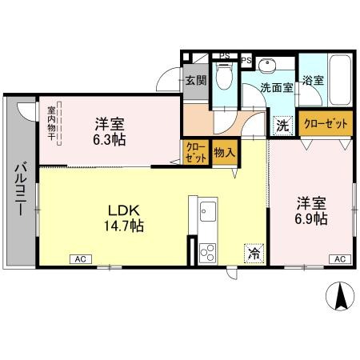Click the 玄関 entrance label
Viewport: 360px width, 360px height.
tap(196, 80)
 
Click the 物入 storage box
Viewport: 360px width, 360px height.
tap(224, 153)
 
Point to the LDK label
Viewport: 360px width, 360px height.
tap(124, 210)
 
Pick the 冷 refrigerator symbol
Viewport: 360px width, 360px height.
tap(252, 254)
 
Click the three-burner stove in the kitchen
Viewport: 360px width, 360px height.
tap(207, 254)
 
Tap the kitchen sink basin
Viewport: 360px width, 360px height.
tap(207, 212)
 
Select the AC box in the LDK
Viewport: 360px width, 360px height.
tap(81, 259)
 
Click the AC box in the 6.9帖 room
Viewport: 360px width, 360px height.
tap(339, 259)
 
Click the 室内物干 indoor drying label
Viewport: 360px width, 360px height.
tap(51, 125)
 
